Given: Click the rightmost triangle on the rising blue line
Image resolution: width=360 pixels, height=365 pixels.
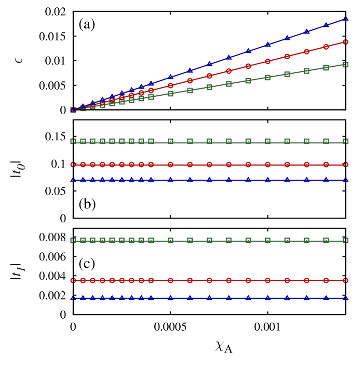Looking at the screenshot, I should pos(346,18).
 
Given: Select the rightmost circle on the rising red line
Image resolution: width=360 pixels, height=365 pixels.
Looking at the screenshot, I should pos(346,42).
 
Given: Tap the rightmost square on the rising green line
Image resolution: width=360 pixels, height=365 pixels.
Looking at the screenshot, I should pos(346,65).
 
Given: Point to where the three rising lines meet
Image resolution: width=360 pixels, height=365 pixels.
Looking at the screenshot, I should pos(73,110).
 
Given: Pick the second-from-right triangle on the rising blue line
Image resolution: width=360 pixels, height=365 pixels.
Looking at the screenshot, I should pos(326,25).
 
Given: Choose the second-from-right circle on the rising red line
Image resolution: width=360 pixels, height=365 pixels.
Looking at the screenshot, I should pos(326,47).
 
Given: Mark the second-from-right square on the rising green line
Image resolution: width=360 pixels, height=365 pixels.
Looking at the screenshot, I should pos(326,67).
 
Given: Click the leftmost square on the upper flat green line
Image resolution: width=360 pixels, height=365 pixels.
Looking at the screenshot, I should pos(73,142).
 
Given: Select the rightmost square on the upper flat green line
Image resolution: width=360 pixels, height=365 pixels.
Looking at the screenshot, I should pos(346,142).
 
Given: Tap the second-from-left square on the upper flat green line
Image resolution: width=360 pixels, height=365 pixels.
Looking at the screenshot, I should pos(83,142).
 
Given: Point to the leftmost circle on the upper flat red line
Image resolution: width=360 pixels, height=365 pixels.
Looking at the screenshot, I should pos(73,165).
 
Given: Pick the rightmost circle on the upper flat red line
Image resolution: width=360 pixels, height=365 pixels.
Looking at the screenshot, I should pos(346,165).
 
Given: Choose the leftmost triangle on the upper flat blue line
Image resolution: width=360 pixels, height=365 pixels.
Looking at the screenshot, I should pos(73,180).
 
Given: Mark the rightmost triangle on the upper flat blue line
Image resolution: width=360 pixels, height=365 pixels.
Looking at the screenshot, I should pos(346,180).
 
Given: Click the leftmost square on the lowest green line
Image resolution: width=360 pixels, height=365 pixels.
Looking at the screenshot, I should pos(73,240).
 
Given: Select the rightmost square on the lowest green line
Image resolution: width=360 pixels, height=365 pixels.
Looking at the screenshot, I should pos(346,240).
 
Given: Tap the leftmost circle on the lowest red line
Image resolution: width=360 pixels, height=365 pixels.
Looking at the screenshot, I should pos(73,280).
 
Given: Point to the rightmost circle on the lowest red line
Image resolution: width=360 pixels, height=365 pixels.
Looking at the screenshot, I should pos(346,280).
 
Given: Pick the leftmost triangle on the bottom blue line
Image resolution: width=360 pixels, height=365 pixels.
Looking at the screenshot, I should pos(73,298).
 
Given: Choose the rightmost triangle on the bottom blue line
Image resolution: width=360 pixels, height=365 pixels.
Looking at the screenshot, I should pos(346,298).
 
